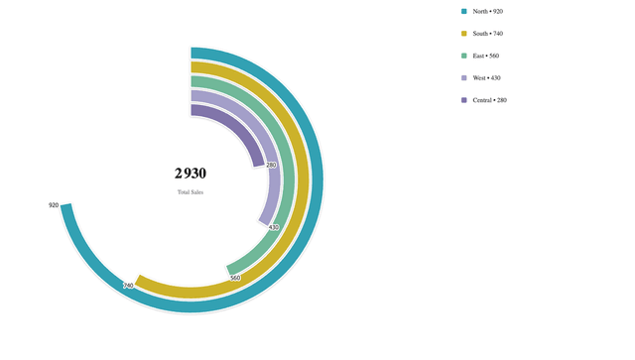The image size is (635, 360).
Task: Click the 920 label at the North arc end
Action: [x=54, y=205]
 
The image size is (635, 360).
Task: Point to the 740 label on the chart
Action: [x=128, y=286]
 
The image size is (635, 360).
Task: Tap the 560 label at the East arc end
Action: [x=235, y=278]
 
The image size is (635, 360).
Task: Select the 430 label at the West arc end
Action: [x=274, y=227]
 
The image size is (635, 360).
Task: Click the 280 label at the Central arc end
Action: [x=271, y=166]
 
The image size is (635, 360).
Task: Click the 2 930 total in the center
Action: [x=190, y=174]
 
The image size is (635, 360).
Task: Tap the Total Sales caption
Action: [x=190, y=192]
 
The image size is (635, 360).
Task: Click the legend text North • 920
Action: [x=488, y=11]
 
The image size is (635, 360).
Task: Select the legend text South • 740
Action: [x=488, y=34]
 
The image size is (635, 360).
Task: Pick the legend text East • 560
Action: [x=486, y=56]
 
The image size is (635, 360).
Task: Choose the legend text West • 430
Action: [x=487, y=77]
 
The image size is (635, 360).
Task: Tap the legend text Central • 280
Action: [x=489, y=100]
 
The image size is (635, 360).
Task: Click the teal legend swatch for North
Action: [x=464, y=11]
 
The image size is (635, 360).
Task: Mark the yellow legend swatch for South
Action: [x=464, y=34]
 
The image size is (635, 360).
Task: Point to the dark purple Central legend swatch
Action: [x=464, y=100]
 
